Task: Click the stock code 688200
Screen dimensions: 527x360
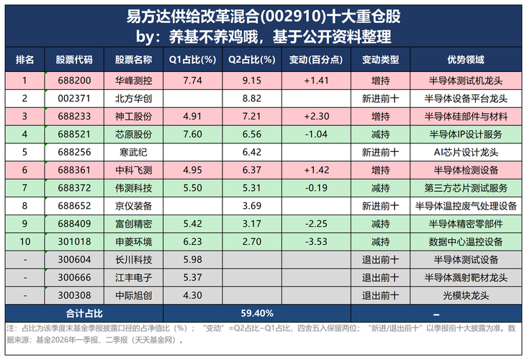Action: coord(74,81)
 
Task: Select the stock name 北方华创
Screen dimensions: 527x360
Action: coord(133,99)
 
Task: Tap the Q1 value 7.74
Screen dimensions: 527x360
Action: coord(192,81)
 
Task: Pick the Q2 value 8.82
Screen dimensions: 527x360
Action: coord(252,99)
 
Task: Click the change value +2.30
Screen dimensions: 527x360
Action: coord(316,117)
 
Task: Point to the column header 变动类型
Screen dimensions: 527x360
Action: coord(380,60)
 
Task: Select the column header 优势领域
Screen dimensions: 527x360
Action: coord(466,60)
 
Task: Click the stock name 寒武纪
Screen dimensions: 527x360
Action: coord(133,152)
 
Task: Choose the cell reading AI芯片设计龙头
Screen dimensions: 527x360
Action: coord(466,152)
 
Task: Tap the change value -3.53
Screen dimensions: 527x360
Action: coord(316,242)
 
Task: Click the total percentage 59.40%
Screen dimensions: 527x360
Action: coord(257,314)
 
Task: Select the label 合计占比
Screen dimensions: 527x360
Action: coord(84,314)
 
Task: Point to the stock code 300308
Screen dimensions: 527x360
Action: coord(74,295)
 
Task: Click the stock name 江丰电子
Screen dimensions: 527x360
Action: coord(133,278)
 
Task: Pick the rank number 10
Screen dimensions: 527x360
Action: coord(25,242)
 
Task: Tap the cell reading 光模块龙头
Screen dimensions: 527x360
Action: coord(466,295)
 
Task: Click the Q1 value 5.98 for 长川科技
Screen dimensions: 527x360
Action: coord(192,259)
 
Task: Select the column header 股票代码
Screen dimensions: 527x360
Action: coord(74,60)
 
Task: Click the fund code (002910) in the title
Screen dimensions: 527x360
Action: coord(293,17)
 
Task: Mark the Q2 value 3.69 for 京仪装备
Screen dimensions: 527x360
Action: coord(252,206)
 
